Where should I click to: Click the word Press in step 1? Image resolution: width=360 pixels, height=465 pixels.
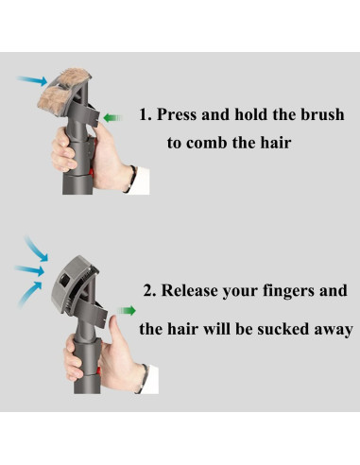[177, 114]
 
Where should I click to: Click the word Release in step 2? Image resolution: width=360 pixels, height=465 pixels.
[190, 290]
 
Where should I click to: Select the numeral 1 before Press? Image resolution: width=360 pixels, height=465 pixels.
[144, 114]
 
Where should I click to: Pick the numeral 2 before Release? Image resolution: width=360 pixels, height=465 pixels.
[148, 290]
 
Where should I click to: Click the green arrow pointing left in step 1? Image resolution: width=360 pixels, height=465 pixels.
[112, 118]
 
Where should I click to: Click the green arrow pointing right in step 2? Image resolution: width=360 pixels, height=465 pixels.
[127, 311]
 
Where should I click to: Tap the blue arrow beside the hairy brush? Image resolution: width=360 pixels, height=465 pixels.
[32, 80]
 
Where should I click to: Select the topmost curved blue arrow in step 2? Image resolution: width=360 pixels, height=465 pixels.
[35, 249]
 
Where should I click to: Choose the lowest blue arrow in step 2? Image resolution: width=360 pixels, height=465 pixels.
[29, 294]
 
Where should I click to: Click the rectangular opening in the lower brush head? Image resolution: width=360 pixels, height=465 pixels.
[65, 281]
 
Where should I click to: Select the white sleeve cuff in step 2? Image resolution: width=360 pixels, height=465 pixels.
[149, 380]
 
